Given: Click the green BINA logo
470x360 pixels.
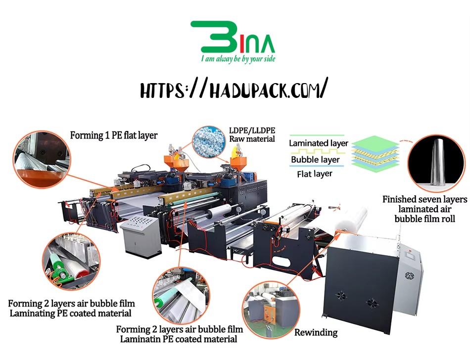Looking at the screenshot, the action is tap(233, 37).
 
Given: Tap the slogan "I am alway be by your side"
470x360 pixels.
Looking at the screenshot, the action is tap(238, 58).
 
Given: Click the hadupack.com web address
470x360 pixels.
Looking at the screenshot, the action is tap(234, 89).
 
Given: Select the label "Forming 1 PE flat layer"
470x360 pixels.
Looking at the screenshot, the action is tap(114, 135).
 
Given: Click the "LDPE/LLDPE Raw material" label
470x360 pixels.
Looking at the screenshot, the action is tap(252, 135).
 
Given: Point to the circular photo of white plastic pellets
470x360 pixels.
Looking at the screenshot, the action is tap(209, 141).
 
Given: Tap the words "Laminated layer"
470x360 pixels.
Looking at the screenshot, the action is tap(318, 143).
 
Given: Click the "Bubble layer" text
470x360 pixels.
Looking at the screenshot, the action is tap(315, 160).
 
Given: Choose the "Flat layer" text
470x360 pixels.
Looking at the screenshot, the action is tap(315, 174).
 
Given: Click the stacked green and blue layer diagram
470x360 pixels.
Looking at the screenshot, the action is tap(376, 154).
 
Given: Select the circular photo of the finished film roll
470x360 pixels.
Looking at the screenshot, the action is tap(436, 163).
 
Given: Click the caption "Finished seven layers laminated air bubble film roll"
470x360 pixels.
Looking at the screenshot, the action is tap(425, 209).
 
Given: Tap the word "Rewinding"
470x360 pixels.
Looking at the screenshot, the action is tap(316, 332).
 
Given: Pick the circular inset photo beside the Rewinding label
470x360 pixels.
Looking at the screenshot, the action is tap(271, 310).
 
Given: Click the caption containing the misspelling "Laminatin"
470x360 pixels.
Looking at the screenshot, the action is tap(179, 334).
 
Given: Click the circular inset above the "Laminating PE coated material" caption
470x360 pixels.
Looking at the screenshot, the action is tap(71, 262).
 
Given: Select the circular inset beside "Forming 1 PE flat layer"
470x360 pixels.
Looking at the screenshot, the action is tap(42, 159).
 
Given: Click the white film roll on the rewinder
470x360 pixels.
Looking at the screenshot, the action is tap(351, 219).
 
